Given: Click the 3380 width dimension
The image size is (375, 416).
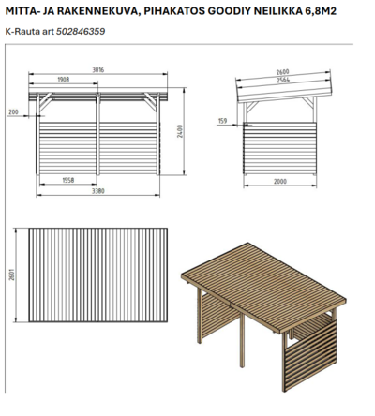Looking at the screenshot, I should click(x=97, y=191).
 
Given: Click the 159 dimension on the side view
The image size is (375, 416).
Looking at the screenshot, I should click(x=222, y=121).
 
